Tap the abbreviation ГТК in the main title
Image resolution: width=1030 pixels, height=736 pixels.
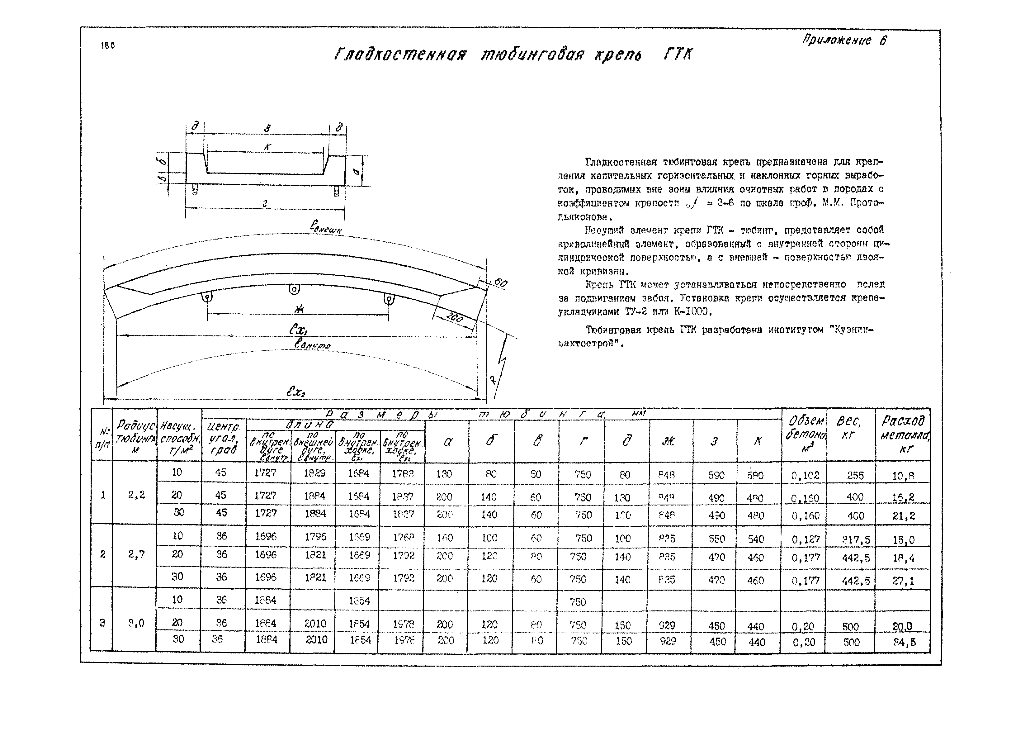[x=678, y=55]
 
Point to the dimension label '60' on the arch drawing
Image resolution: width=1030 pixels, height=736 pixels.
[x=500, y=283]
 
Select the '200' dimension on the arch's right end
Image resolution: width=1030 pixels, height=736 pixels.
[x=454, y=318]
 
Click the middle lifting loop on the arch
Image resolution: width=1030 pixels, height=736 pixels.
[x=295, y=289]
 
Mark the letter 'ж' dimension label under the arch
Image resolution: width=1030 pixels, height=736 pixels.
[x=299, y=309]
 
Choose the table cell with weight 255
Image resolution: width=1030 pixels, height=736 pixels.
[x=855, y=475]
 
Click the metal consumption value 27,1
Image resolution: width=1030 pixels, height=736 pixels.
[x=903, y=581]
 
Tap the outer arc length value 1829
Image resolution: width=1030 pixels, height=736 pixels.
[x=314, y=473]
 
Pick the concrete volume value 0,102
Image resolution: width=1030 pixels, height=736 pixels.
[x=805, y=475]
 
